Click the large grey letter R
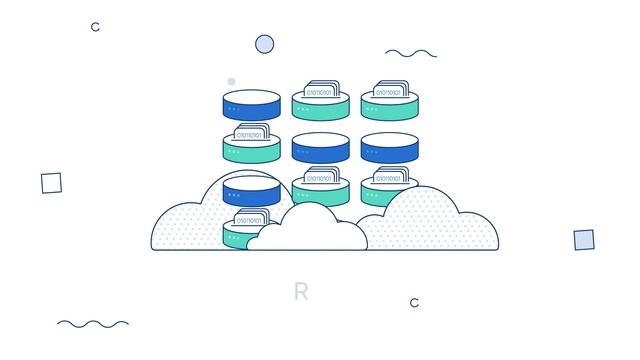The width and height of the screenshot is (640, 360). point(301,292)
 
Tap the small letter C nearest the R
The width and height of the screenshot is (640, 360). point(414,303)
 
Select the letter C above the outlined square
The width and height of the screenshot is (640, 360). point(95,27)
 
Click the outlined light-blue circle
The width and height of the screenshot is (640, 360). point(264,44)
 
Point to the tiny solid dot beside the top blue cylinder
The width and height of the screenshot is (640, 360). point(231,82)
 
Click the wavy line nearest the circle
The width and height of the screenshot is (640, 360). point(410,53)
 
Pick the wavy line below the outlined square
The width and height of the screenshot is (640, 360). point(92,323)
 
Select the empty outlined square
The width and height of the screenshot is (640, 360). point(51,183)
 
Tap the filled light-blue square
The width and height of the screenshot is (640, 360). point(584,240)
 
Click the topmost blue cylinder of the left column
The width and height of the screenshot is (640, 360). point(250,105)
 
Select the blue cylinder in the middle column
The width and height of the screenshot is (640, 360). point(320,148)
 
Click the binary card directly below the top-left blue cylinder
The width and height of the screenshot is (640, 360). point(251,133)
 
